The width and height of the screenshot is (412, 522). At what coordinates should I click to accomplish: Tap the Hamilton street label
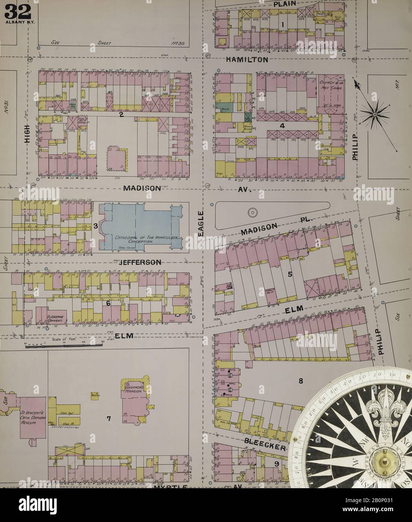248,59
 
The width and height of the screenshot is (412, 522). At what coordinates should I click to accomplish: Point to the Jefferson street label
140,262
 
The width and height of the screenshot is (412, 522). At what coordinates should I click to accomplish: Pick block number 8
300,380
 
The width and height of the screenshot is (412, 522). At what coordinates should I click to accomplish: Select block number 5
290,274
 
